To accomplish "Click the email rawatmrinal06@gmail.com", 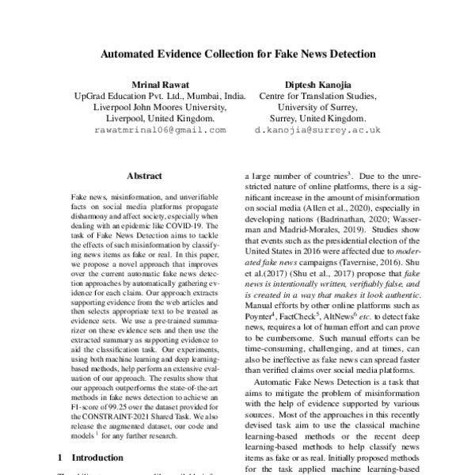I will (x=159, y=129).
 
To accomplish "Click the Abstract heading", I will (x=144, y=176).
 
